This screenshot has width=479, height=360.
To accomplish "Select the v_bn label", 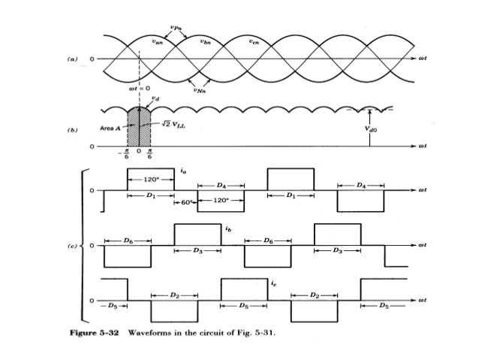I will coord(206,43).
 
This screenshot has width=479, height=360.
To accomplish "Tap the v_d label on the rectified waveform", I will coord(155,97).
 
